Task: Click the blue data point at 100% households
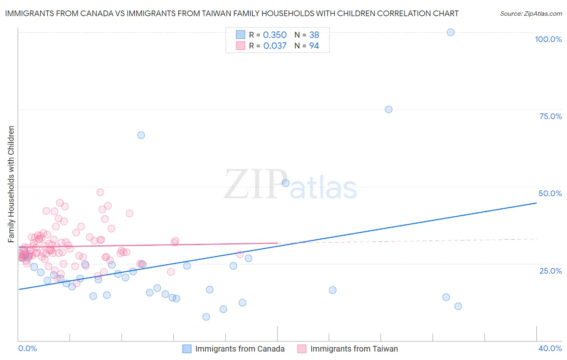(450, 32)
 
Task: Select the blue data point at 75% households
(388, 109)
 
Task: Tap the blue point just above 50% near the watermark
(286, 183)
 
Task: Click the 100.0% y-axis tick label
(548, 39)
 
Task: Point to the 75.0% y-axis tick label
(550, 116)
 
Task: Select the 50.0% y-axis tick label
(550, 193)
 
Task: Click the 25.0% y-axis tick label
(550, 270)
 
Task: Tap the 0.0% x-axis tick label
(27, 348)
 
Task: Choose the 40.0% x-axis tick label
(550, 348)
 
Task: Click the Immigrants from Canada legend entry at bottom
(240, 349)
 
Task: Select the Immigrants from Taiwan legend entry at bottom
(354, 349)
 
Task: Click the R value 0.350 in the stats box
(275, 35)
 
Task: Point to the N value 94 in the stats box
(314, 46)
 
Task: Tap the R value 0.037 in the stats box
(275, 46)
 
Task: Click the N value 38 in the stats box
(314, 35)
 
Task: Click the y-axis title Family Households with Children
(11, 184)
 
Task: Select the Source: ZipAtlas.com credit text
(531, 14)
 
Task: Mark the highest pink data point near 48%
(100, 192)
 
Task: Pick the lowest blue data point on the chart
(206, 317)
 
